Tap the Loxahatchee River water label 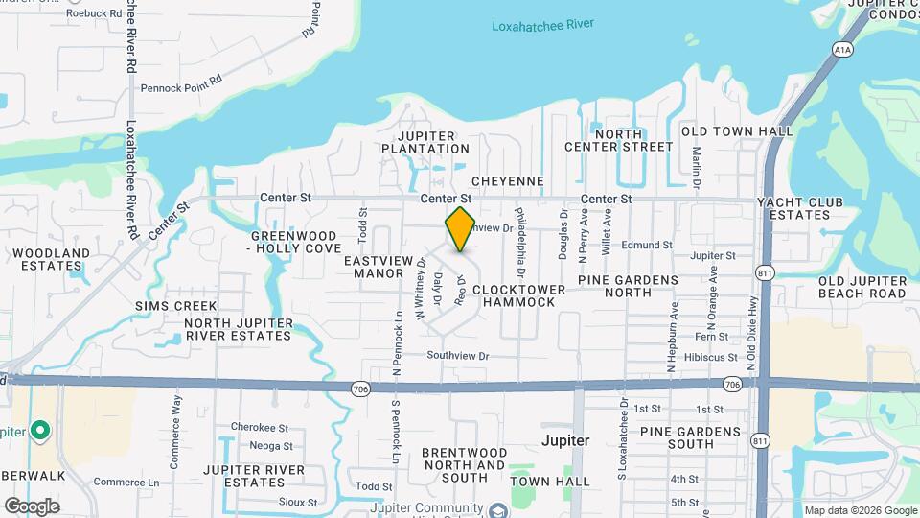tap(542, 25)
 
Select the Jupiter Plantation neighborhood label tap(425, 142)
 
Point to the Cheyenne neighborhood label tap(508, 181)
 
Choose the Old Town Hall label tap(737, 130)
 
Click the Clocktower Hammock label tap(514, 295)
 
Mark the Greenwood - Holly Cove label tap(293, 242)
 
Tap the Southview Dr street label tap(458, 356)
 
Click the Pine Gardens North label tap(628, 287)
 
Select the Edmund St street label tap(646, 245)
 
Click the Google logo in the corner tap(33, 506)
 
